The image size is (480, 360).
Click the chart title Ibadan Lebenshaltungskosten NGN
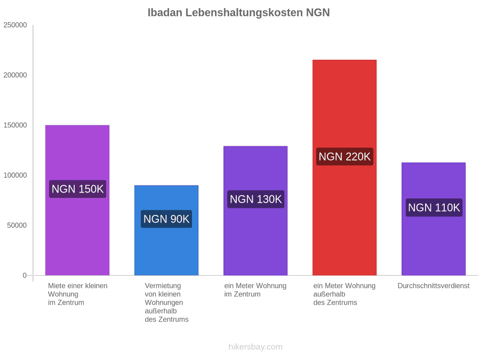pos(238,13)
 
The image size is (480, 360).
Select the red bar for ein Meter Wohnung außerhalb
pos(345,167)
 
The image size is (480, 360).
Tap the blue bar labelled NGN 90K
pos(166,230)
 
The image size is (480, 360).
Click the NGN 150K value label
pos(77,189)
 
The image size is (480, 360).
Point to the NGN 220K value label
pos(345,156)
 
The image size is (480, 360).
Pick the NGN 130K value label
pos(255,199)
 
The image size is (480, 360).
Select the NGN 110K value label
pos(434,207)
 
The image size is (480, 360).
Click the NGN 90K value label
pos(166,219)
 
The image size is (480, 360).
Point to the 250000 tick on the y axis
pos(15,25)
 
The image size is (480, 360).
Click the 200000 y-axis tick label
pos(15,75)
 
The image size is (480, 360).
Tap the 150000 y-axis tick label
pos(15,125)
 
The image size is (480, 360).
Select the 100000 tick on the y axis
pos(15,175)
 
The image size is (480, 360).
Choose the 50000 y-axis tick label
pos(17,225)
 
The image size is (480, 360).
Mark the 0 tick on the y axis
pos(25,276)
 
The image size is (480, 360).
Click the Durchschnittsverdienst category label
pos(434,286)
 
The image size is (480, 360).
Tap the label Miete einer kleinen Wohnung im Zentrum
pos(78,294)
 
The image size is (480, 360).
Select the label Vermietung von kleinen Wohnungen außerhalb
pos(166,302)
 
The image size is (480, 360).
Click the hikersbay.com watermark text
pos(255,347)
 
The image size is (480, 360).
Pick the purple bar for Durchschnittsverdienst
pos(434,219)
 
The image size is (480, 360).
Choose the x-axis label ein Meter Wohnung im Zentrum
pos(255,290)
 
